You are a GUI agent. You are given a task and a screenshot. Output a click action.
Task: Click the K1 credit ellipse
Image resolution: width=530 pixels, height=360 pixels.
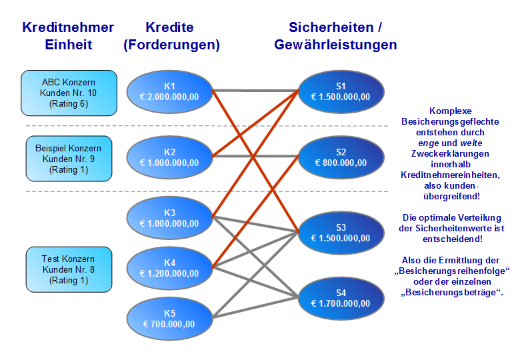(169, 91)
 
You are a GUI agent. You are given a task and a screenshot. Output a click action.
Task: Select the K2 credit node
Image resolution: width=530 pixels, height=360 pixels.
(169, 157)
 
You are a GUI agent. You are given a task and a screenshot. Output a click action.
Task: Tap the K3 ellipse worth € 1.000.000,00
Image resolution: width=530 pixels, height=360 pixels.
(169, 217)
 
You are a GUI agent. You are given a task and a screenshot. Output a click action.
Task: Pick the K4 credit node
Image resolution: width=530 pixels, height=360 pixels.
(169, 268)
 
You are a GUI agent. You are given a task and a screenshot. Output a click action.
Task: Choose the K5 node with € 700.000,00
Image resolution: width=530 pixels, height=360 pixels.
(169, 319)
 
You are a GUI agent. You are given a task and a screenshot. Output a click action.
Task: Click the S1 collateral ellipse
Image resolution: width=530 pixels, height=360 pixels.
(341, 91)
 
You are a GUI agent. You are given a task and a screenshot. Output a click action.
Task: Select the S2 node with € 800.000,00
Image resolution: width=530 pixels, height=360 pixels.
(341, 157)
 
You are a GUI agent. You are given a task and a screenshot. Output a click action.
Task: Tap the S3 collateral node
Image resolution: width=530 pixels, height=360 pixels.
(341, 232)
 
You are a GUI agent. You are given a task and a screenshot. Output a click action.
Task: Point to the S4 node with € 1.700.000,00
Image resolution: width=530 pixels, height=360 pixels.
(341, 298)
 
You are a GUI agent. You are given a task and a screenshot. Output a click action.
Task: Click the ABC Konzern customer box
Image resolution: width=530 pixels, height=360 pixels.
(69, 93)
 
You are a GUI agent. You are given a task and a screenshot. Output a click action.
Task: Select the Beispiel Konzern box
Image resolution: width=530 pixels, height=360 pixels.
(69, 159)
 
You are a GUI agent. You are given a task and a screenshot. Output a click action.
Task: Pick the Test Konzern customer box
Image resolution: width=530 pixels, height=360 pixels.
(69, 269)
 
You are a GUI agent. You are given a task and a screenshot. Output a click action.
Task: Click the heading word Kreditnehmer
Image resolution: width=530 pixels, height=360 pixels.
(68, 27)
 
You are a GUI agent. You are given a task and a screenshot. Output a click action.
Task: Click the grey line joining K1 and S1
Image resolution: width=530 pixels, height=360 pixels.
(255, 90)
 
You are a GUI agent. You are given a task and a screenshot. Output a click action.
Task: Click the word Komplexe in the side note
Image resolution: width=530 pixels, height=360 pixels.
(450, 111)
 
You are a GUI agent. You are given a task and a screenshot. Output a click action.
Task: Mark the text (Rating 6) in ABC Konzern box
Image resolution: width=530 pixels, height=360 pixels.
(69, 104)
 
